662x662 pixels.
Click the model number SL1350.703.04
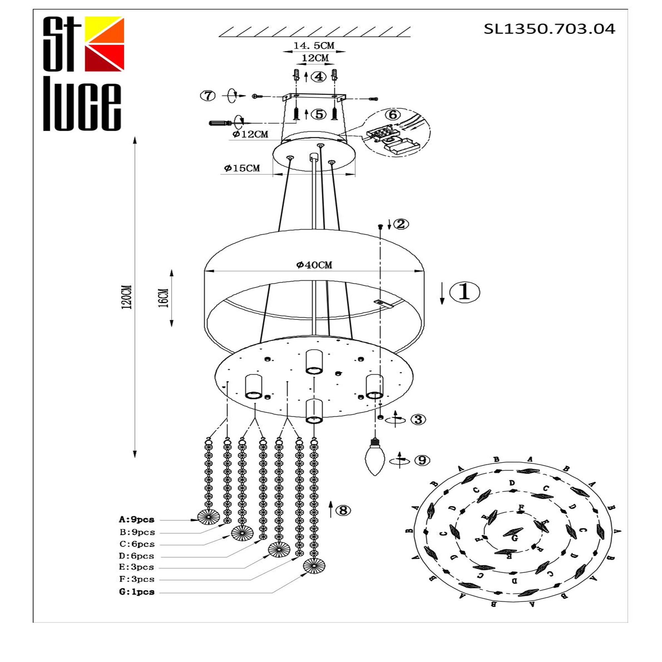pos(549,29)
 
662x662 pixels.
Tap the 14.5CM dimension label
pos(313,45)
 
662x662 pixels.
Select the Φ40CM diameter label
pos(314,264)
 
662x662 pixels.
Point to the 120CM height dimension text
pos(128,297)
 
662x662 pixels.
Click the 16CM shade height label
pos(164,298)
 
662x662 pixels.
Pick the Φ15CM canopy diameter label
pos(242,168)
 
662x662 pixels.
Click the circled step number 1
pos(464,292)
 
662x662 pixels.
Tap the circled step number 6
pos(393,115)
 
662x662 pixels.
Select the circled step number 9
pos(422,460)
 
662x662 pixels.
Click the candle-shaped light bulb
pos(376,459)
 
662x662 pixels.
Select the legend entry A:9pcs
pos(137,519)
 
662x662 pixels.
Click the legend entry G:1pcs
pos(137,592)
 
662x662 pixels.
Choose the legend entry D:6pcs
pos(137,556)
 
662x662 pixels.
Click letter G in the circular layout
pos(514,538)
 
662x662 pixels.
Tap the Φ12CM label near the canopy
pos(250,134)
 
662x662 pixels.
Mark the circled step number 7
pos(208,96)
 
